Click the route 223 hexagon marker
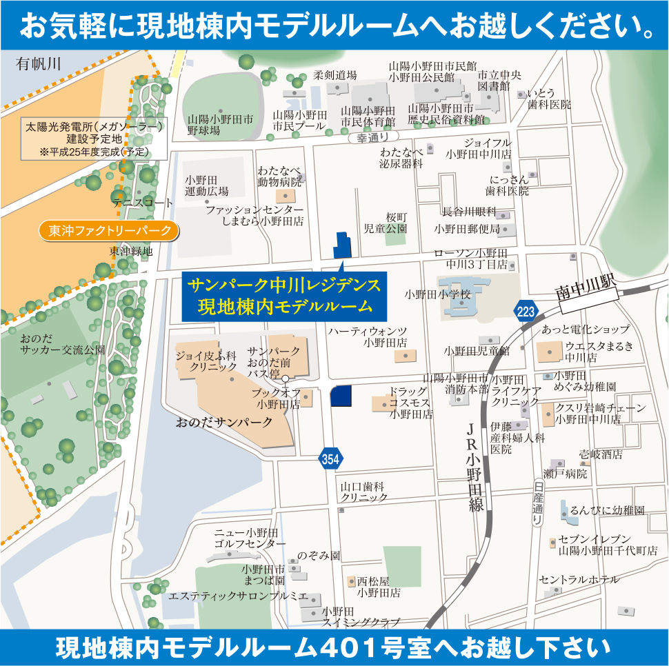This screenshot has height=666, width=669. pyautogui.click(x=526, y=312)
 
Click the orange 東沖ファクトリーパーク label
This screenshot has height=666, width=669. pyautogui.click(x=110, y=230)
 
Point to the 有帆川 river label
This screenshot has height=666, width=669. pyautogui.click(x=39, y=64)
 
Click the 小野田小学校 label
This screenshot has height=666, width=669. pyautogui.click(x=437, y=294)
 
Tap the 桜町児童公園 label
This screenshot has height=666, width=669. pyautogui.click(x=386, y=222)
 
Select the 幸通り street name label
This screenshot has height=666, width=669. pyautogui.click(x=373, y=138)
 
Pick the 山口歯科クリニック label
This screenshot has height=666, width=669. pyautogui.click(x=363, y=492)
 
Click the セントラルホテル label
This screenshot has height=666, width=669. pyautogui.click(x=579, y=580)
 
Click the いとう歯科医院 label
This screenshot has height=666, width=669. pyautogui.click(x=549, y=99)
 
